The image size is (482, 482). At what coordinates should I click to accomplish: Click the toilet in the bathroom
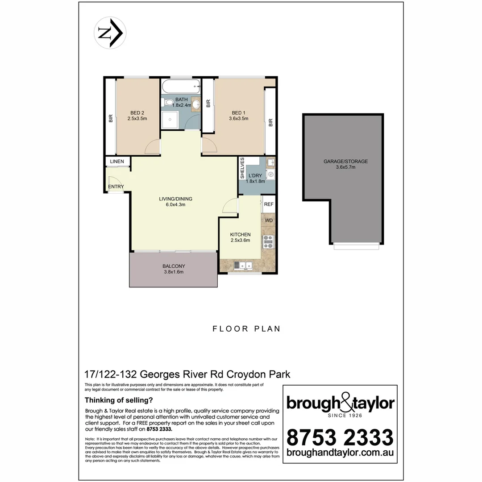168,103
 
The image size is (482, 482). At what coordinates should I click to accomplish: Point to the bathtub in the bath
180,85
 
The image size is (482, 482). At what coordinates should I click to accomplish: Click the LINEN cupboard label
117,161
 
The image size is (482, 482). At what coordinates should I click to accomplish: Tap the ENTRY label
116,187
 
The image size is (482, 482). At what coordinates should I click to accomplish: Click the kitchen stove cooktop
269,242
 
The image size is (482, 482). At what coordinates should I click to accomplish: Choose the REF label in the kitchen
269,204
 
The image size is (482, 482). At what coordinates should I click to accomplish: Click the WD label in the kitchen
269,220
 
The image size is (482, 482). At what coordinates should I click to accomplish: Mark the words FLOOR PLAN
246,329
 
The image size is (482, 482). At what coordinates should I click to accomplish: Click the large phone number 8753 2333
340,437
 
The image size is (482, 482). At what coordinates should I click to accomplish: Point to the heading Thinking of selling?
119,400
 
